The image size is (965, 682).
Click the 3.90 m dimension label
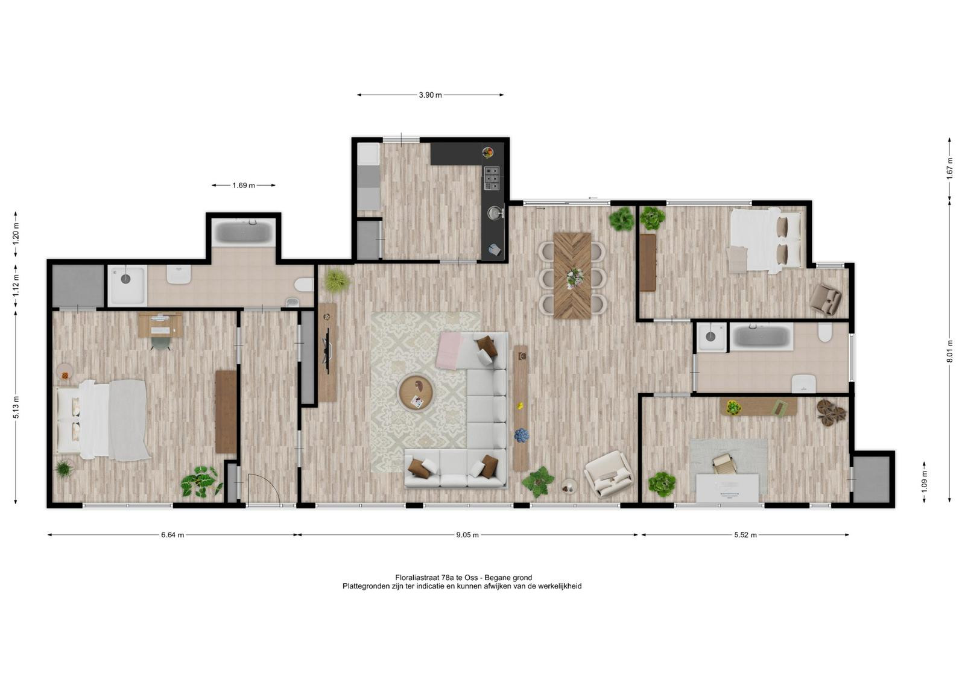(430, 95)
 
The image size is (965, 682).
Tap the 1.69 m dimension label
(244, 185)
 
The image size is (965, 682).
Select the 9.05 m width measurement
(467, 535)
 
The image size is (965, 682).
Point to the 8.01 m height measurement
(949, 351)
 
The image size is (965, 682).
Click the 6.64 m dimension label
(172, 535)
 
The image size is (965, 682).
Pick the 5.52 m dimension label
(745, 535)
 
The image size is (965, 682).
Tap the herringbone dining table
(572, 276)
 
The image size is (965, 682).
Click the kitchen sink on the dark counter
(495, 212)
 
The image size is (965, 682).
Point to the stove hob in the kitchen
(492, 178)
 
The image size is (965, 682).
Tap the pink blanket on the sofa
(449, 350)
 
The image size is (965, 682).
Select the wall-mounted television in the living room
(327, 351)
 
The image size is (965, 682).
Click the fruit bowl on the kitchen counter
(488, 153)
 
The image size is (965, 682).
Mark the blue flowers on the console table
(521, 435)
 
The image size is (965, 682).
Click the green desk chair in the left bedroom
(161, 343)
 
